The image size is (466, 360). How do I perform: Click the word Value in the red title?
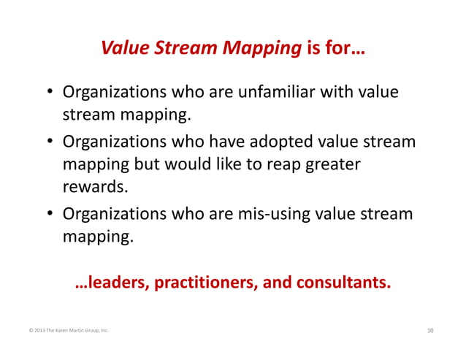[x=124, y=50]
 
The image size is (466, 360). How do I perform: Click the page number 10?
[x=429, y=332]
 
